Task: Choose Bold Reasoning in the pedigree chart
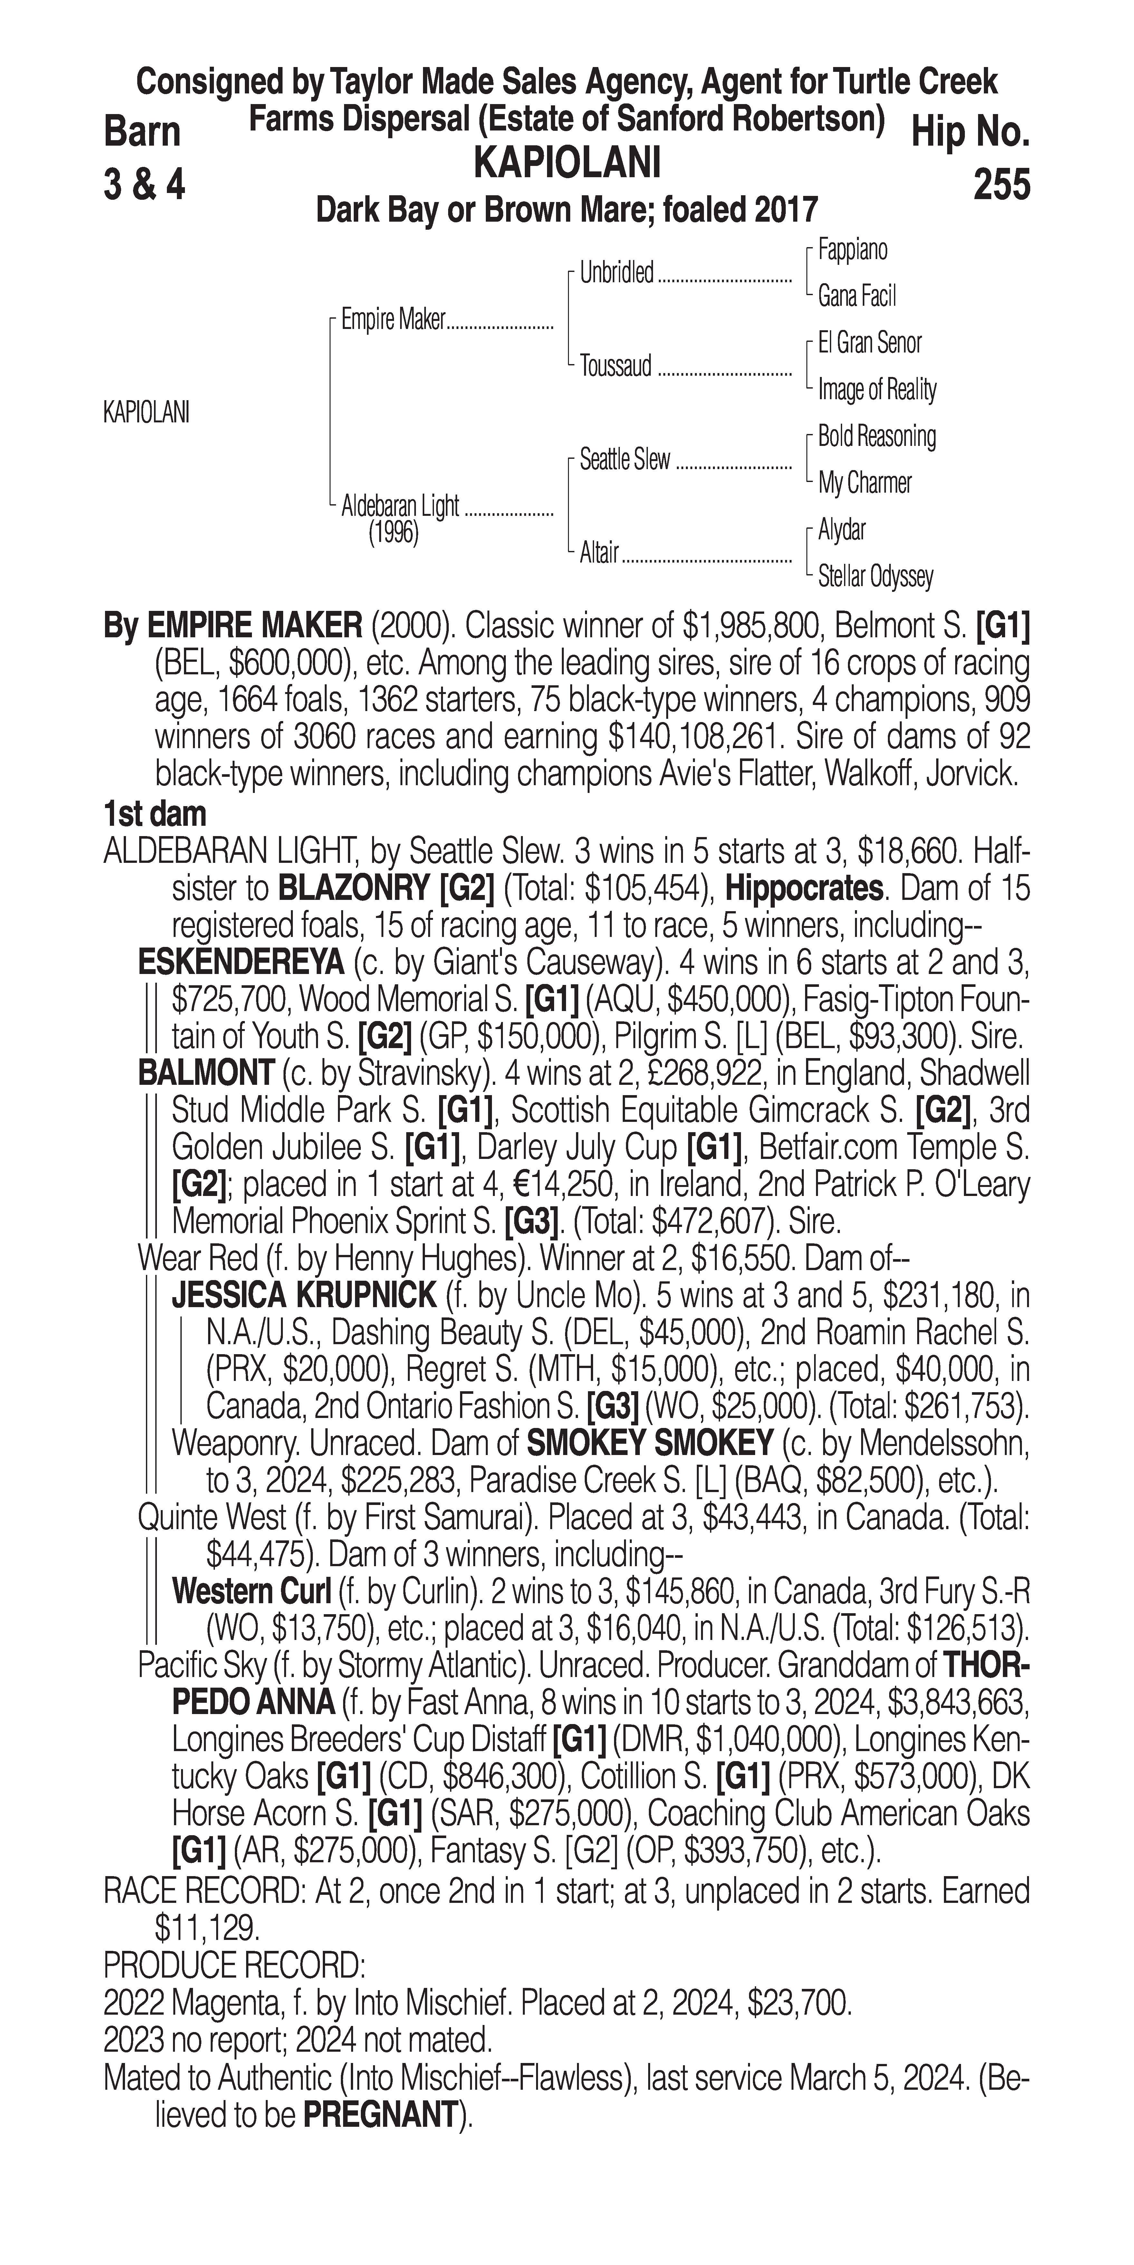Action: pos(876,436)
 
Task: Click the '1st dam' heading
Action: pos(155,814)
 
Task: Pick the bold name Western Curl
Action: pos(251,1592)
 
